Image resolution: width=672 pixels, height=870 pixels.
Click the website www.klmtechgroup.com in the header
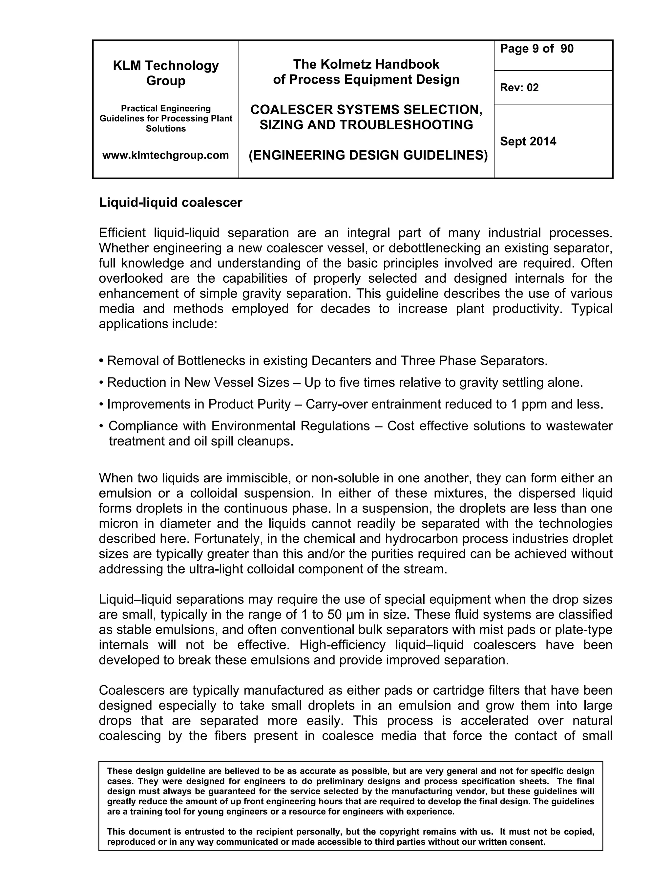pyautogui.click(x=166, y=155)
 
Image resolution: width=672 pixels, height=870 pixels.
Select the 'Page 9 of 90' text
pyautogui.click(x=536, y=49)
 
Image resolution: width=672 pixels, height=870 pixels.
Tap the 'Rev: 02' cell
pyautogui.click(x=519, y=88)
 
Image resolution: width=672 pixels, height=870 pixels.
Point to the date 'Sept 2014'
pyautogui.click(x=528, y=141)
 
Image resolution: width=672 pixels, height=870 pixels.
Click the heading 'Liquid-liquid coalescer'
pyautogui.click(x=170, y=202)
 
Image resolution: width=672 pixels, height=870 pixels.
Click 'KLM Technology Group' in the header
pyautogui.click(x=166, y=73)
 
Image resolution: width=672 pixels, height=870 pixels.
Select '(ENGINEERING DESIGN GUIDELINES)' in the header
pyautogui.click(x=368, y=155)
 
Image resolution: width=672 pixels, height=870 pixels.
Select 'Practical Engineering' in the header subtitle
pyautogui.click(x=166, y=108)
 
